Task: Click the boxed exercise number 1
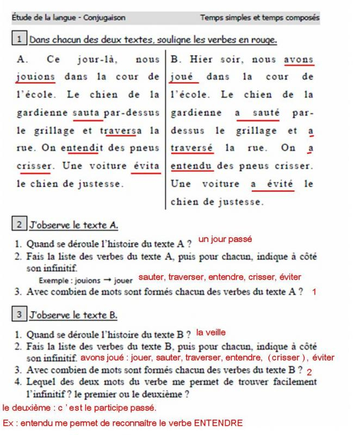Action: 20,39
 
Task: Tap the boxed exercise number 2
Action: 20,224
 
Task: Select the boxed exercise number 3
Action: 20,314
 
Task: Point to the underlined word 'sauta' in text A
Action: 85,113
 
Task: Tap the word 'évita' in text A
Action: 146,166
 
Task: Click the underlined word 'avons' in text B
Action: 299,59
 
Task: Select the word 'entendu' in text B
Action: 191,166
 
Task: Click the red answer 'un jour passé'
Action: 225,239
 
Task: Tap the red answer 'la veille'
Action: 210,332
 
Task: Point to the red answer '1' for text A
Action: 314,292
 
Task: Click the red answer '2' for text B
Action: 309,372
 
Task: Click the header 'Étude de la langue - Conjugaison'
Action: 69,18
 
